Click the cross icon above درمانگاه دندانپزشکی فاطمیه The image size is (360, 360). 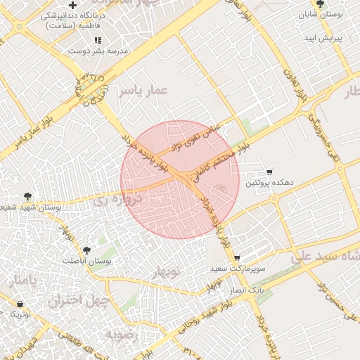[x=73, y=5]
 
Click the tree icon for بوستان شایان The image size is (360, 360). [x=321, y=4]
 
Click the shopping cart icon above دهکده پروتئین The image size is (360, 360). [x=269, y=172]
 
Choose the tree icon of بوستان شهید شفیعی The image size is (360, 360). [x=27, y=197]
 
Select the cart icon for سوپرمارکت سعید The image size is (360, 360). [x=237, y=258]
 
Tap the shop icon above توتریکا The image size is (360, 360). [x=19, y=304]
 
